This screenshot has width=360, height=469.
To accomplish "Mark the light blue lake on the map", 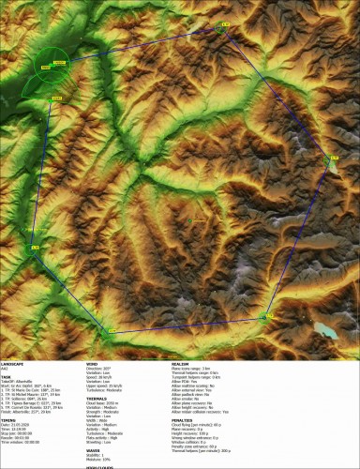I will pos(326,330).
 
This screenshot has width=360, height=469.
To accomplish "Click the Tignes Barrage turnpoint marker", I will pos(333,160).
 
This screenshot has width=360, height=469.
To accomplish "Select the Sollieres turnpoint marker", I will pos(265,318).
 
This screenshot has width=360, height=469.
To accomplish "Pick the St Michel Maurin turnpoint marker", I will pos(112,330).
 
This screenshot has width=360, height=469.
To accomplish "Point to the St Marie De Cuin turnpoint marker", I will pos(34,248).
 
